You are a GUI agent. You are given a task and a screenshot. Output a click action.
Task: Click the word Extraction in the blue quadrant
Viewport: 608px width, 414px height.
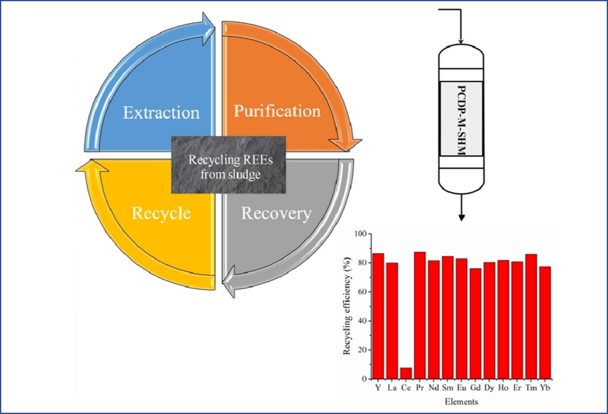pos(161,113)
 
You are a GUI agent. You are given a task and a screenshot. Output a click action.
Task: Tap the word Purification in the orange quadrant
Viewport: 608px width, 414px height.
pos(277,111)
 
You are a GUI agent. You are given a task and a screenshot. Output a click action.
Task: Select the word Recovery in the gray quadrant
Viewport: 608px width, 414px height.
pos(276,214)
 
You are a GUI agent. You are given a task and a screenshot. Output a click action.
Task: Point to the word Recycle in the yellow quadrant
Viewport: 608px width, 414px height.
pos(161,214)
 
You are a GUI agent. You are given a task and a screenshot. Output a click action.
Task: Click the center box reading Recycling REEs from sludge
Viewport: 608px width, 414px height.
pos(229,165)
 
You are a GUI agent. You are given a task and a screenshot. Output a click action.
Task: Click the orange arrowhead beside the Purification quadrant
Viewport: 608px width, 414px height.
pos(345,144)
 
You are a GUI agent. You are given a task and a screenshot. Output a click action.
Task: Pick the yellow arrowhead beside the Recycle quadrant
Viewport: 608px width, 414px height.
pos(92,165)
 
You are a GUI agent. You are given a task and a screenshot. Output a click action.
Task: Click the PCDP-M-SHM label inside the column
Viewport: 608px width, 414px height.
pos(462,121)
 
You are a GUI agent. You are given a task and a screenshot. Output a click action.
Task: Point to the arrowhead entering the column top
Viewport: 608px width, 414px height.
pos(460,41)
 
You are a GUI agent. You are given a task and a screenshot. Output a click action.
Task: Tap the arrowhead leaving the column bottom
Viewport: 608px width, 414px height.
pos(461,218)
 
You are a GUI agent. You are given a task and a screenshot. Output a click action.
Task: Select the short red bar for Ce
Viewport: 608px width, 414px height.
pos(406,373)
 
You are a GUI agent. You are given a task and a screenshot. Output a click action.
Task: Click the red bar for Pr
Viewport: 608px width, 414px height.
pos(420,315)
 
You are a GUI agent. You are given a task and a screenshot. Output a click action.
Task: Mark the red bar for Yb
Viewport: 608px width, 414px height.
pos(545,323)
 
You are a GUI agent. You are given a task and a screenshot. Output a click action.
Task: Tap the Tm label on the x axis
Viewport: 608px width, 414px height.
pos(531,388)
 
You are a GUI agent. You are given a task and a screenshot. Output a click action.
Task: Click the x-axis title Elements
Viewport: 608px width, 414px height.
pos(462,401)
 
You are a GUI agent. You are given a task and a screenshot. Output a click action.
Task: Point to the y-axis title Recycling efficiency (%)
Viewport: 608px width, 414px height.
pos(347,306)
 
